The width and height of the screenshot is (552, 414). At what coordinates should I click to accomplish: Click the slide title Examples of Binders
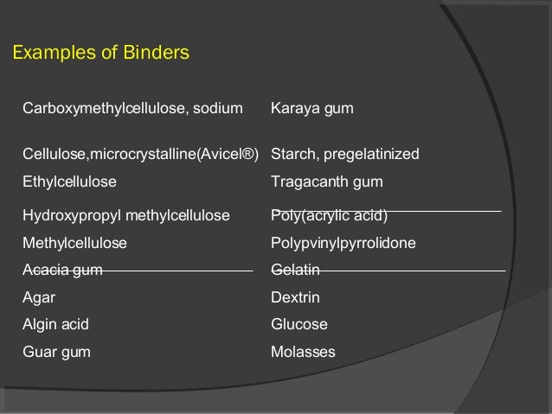pyautogui.click(x=99, y=54)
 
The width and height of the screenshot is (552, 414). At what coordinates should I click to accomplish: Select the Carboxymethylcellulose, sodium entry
pyautogui.click(x=133, y=109)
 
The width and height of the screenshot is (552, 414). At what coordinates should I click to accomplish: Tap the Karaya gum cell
pyautogui.click(x=311, y=109)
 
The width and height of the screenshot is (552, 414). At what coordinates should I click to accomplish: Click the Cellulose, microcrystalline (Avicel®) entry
pyautogui.click(x=140, y=155)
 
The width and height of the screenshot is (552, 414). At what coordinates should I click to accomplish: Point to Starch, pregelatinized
pyautogui.click(x=344, y=155)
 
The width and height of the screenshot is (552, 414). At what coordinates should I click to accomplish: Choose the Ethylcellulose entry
pyautogui.click(x=69, y=182)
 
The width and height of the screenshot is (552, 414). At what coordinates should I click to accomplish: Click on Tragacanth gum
pyautogui.click(x=326, y=182)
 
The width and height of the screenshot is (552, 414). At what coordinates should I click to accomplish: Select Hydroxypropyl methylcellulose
pyautogui.click(x=125, y=215)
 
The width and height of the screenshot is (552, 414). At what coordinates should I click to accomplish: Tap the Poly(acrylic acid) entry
pyautogui.click(x=329, y=215)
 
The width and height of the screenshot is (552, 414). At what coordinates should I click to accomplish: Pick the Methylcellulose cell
pyautogui.click(x=74, y=243)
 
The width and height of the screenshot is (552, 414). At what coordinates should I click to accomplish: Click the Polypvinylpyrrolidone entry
pyautogui.click(x=343, y=243)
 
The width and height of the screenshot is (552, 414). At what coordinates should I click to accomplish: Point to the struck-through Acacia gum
pyautogui.click(x=62, y=271)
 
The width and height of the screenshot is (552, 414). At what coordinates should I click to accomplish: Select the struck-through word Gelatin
pyautogui.click(x=295, y=271)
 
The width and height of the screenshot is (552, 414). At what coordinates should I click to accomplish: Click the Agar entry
pyautogui.click(x=38, y=298)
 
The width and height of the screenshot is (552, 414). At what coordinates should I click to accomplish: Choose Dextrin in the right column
pyautogui.click(x=295, y=298)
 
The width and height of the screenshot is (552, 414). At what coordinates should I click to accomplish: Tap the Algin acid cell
pyautogui.click(x=55, y=325)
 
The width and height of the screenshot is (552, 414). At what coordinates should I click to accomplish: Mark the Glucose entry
pyautogui.click(x=299, y=325)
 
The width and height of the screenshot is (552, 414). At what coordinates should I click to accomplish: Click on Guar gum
pyautogui.click(x=55, y=353)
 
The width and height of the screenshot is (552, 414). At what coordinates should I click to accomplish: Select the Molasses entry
pyautogui.click(x=303, y=353)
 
